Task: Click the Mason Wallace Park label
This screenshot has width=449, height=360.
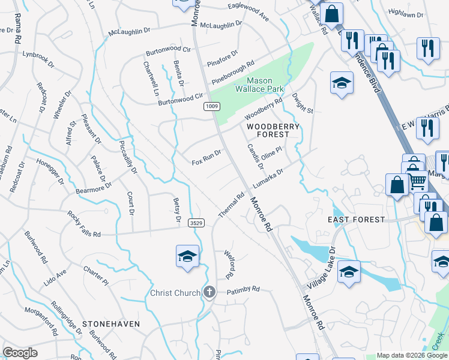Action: click(x=265, y=85)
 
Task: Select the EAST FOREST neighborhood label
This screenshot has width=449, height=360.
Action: click(x=357, y=220)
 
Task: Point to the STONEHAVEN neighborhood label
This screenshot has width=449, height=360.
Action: click(x=111, y=323)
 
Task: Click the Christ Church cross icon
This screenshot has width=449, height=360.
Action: click(x=209, y=292)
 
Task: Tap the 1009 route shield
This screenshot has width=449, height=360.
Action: click(x=211, y=106)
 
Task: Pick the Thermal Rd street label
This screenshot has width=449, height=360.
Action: click(x=232, y=205)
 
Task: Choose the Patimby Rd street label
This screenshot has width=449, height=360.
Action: click(x=243, y=289)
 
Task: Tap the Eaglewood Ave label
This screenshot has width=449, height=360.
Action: click(x=248, y=7)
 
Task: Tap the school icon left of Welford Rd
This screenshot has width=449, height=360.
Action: click(x=187, y=256)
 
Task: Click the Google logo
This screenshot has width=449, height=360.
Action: click(x=20, y=353)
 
